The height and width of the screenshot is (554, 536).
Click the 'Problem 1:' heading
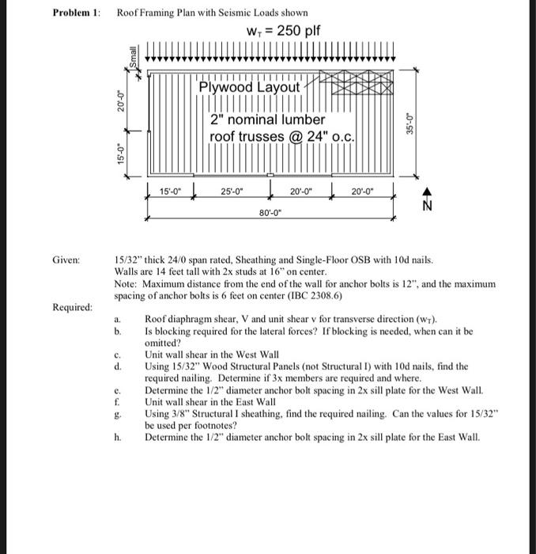75,13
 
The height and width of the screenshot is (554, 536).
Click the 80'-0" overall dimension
270,212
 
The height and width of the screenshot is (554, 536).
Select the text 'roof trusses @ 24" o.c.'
281,137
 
